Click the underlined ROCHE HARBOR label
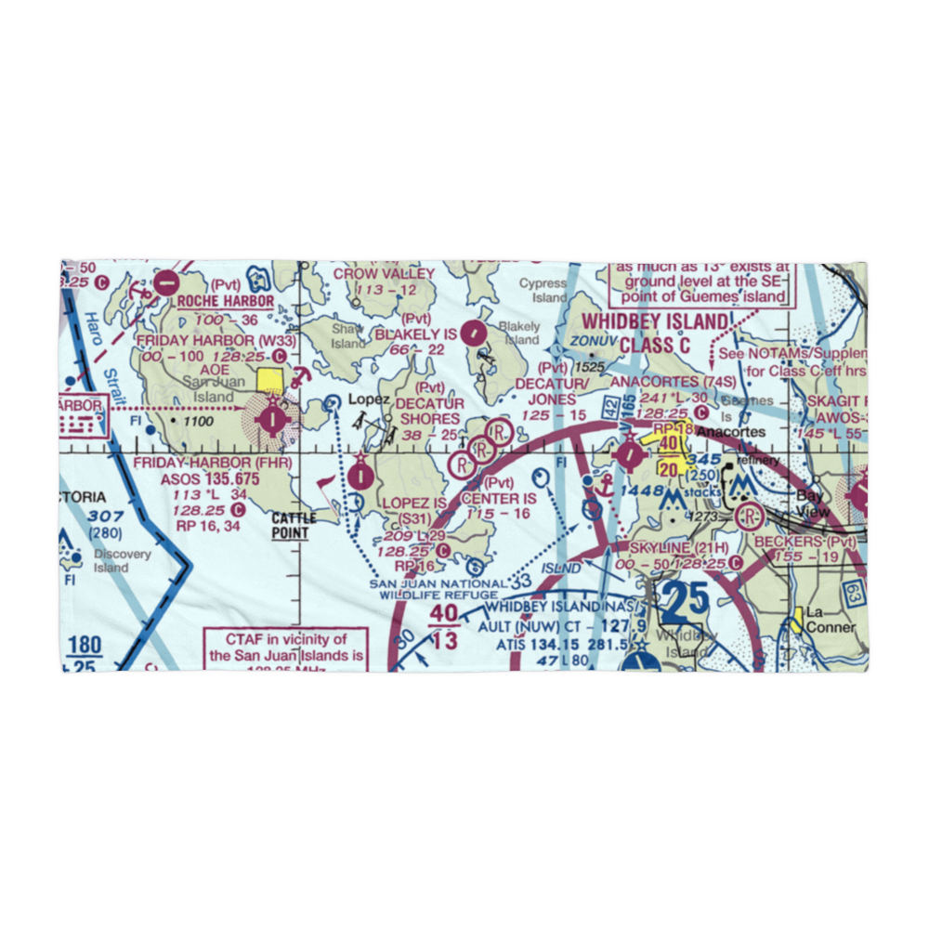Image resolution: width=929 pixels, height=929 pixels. [x=226, y=301]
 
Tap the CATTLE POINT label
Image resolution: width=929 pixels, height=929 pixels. [x=294, y=525]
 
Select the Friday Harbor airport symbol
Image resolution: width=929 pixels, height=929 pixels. [x=271, y=419]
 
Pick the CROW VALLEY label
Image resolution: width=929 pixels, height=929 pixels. [x=384, y=274]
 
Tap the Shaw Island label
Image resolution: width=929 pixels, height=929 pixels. [x=348, y=335]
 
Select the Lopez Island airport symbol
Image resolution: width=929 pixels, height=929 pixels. [x=360, y=477]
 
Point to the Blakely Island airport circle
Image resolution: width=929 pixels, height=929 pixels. [x=475, y=331]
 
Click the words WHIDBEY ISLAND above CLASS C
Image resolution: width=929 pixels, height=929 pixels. [x=654, y=322]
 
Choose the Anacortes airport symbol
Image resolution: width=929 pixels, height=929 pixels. [x=629, y=455]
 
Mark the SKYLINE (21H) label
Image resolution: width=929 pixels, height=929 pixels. [x=678, y=548]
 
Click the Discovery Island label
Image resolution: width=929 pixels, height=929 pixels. [x=122, y=561]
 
